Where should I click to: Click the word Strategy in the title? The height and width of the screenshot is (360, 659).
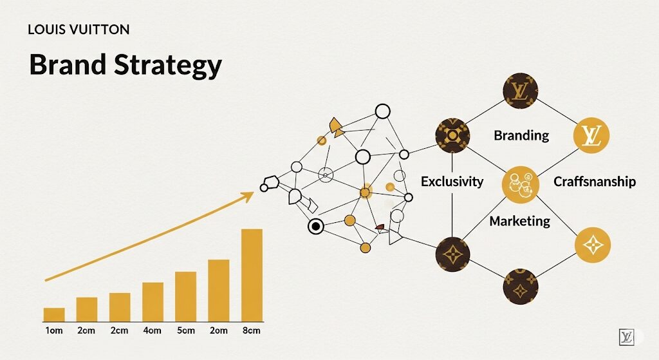[x=167, y=66]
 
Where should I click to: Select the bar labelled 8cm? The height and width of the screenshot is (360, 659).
[x=252, y=276]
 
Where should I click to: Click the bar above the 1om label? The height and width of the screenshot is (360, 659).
[x=54, y=315]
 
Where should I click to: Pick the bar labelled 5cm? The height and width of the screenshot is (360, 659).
[x=186, y=297]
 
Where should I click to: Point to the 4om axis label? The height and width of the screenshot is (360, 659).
[x=152, y=330]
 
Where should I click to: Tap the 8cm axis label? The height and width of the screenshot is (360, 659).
[x=252, y=330]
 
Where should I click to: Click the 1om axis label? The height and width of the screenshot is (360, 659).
[x=54, y=330]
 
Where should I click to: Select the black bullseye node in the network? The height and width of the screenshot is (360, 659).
[x=315, y=227]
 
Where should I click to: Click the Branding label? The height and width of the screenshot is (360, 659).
[x=521, y=135]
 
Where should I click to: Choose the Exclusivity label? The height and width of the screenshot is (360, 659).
[x=452, y=182]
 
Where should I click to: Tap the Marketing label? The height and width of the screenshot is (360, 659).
[x=520, y=221]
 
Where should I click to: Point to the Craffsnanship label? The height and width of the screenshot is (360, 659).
[x=594, y=182]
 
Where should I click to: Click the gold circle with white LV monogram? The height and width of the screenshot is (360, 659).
[x=591, y=135]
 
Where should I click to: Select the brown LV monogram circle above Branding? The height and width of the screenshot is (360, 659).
[x=520, y=90]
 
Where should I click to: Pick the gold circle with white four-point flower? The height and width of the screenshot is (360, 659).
[x=593, y=245]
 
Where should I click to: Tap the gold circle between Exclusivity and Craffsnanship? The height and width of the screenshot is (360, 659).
[x=520, y=184]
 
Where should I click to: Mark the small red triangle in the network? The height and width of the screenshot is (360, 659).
[x=380, y=227]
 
